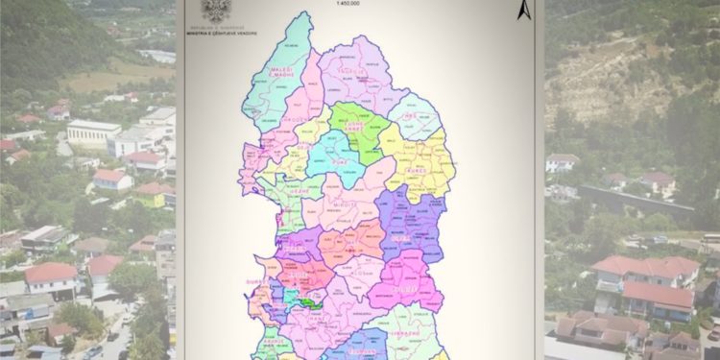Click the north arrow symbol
(524, 10)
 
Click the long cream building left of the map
(93, 134)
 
